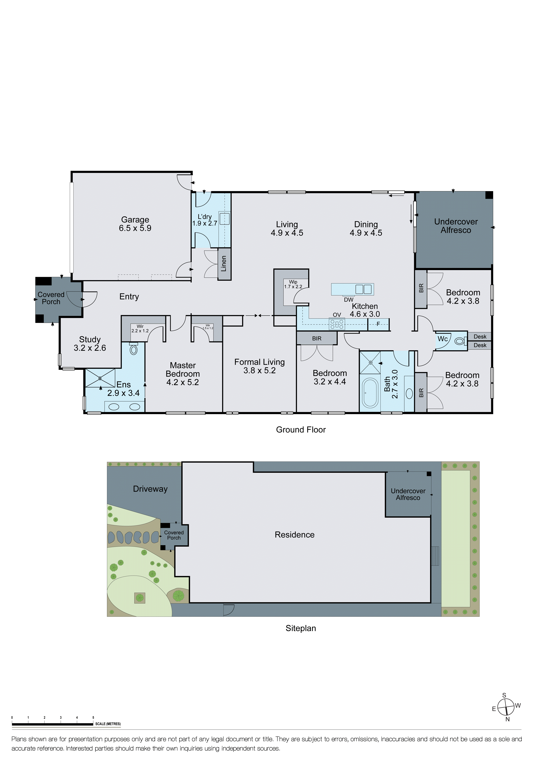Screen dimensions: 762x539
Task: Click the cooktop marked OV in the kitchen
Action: [337, 324]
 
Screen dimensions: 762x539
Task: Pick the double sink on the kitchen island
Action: [363, 289]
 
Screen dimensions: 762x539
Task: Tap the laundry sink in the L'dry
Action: [224, 219]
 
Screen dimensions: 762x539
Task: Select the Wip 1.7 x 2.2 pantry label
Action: [293, 284]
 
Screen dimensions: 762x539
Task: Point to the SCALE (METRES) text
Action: [108, 724]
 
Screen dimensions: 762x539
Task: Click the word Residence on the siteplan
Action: [294, 535]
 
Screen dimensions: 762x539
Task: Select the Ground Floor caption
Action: [301, 429]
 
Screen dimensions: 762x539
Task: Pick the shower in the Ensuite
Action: [100, 378]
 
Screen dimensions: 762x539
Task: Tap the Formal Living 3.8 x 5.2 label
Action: [260, 366]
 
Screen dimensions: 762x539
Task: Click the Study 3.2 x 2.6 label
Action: [90, 344]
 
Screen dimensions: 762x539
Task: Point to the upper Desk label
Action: [480, 336]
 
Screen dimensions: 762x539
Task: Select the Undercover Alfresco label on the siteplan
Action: [408, 494]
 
